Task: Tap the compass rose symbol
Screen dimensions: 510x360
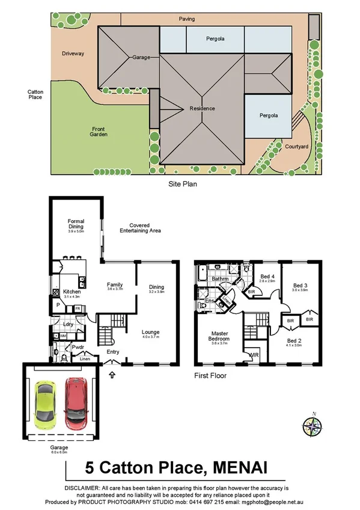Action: coord(313,428)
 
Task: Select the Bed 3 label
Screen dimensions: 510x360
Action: coord(299,286)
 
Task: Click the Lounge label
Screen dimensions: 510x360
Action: coord(151,332)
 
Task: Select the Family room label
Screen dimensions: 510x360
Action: coord(114,284)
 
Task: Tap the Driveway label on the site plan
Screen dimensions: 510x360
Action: coord(72,54)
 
